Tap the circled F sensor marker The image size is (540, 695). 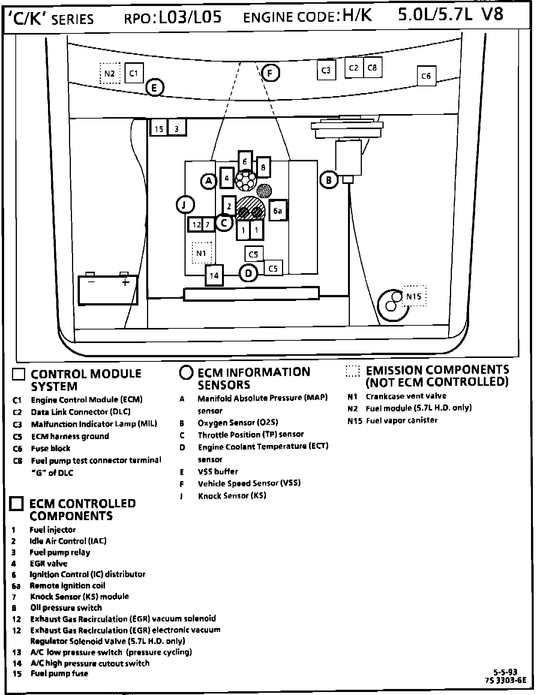[270, 73]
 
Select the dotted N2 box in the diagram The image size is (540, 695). [110, 73]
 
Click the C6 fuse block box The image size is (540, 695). [426, 76]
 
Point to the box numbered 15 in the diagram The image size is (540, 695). [159, 128]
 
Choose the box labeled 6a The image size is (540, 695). [278, 211]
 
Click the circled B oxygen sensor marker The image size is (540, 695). [329, 180]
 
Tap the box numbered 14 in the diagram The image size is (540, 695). [214, 276]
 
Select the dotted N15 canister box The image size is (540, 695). [414, 296]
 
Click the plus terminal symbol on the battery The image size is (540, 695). [125, 281]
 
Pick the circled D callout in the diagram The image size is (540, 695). [248, 274]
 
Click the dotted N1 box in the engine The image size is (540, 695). [202, 253]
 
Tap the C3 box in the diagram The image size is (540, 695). [326, 70]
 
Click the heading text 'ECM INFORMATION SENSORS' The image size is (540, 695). [253, 378]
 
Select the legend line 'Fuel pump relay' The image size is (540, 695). [60, 552]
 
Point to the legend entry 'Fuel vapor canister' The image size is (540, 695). [401, 420]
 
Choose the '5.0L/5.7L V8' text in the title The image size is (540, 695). [450, 15]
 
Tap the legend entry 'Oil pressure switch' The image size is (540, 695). [66, 608]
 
